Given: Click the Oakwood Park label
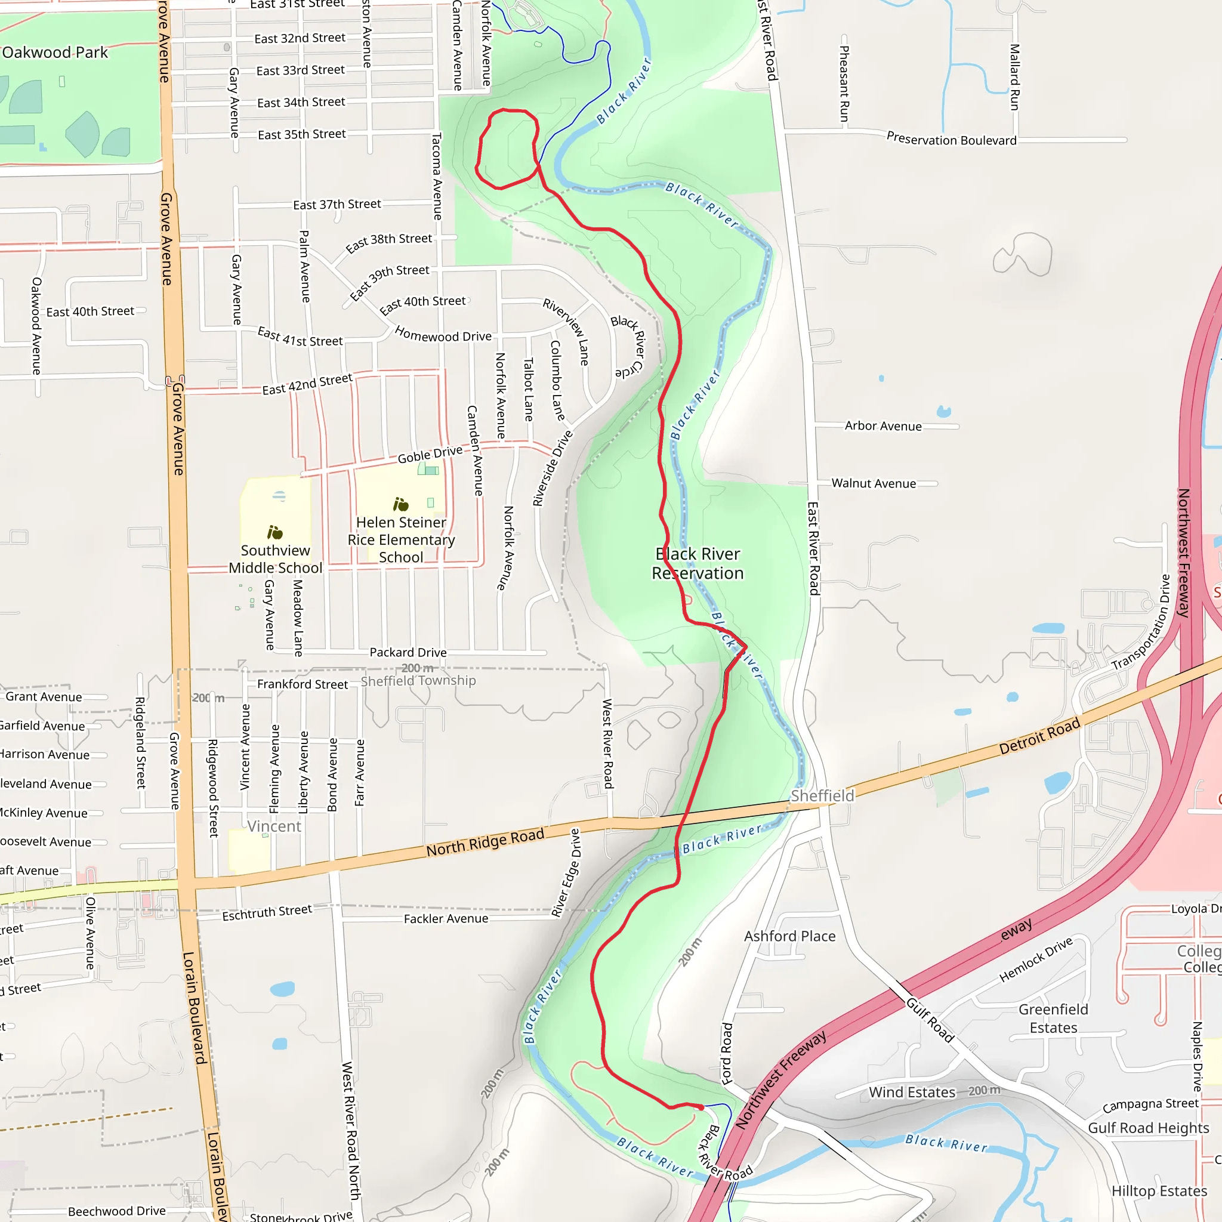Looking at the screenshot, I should coord(55,53).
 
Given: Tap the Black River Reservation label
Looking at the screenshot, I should coord(698,563).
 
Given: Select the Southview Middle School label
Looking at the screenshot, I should coord(275,559).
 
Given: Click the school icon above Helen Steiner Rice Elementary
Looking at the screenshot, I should coord(401,504).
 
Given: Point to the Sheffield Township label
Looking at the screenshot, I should coord(418,681).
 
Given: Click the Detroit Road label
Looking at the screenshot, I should coord(1039,736).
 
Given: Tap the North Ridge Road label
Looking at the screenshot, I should coord(485,843).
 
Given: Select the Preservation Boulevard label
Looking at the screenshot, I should coord(951,139).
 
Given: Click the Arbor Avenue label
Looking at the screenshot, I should coord(883,426).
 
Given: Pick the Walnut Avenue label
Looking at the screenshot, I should coord(874,483).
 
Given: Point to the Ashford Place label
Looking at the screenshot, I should coord(789,936).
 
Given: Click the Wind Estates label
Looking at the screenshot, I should coord(912,1093).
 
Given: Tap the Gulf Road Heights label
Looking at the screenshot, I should coord(1148,1128).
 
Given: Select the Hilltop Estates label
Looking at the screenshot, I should coord(1159,1191).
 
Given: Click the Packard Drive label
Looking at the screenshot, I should coord(408,652).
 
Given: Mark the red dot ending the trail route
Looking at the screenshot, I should coord(701,1107).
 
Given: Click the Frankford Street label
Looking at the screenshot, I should coord(303,684).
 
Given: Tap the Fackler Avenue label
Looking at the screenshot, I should coord(446,918).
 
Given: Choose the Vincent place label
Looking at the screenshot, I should coord(274,826).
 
